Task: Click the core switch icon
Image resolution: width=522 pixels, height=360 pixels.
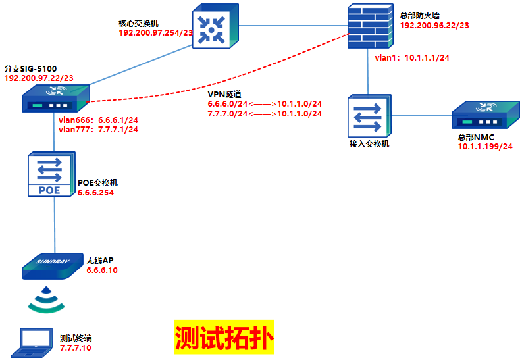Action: [x=212, y=27]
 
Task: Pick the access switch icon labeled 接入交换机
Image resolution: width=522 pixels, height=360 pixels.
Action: [x=369, y=116]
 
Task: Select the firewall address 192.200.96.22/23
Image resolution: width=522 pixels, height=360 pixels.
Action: [x=434, y=26]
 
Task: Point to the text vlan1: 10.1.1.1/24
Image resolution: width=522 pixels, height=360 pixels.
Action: [x=412, y=58]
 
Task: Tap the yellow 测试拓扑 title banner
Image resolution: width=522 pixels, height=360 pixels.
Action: [x=224, y=338]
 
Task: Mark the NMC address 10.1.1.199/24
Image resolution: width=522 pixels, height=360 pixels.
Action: [x=485, y=146]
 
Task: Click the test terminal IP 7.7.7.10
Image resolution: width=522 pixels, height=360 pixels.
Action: [x=75, y=347]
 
